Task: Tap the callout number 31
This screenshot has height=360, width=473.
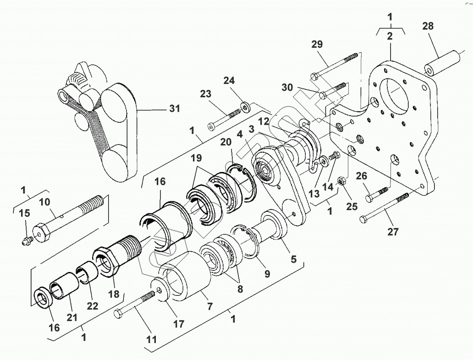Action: tap(174, 109)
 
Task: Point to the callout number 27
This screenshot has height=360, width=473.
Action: tap(393, 231)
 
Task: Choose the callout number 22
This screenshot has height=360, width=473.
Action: tap(92, 306)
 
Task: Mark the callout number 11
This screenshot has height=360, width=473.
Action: tap(151, 340)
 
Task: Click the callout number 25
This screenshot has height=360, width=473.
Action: tap(352, 206)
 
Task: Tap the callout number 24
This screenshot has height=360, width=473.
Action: tap(229, 81)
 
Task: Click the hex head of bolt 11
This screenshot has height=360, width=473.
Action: tap(118, 314)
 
